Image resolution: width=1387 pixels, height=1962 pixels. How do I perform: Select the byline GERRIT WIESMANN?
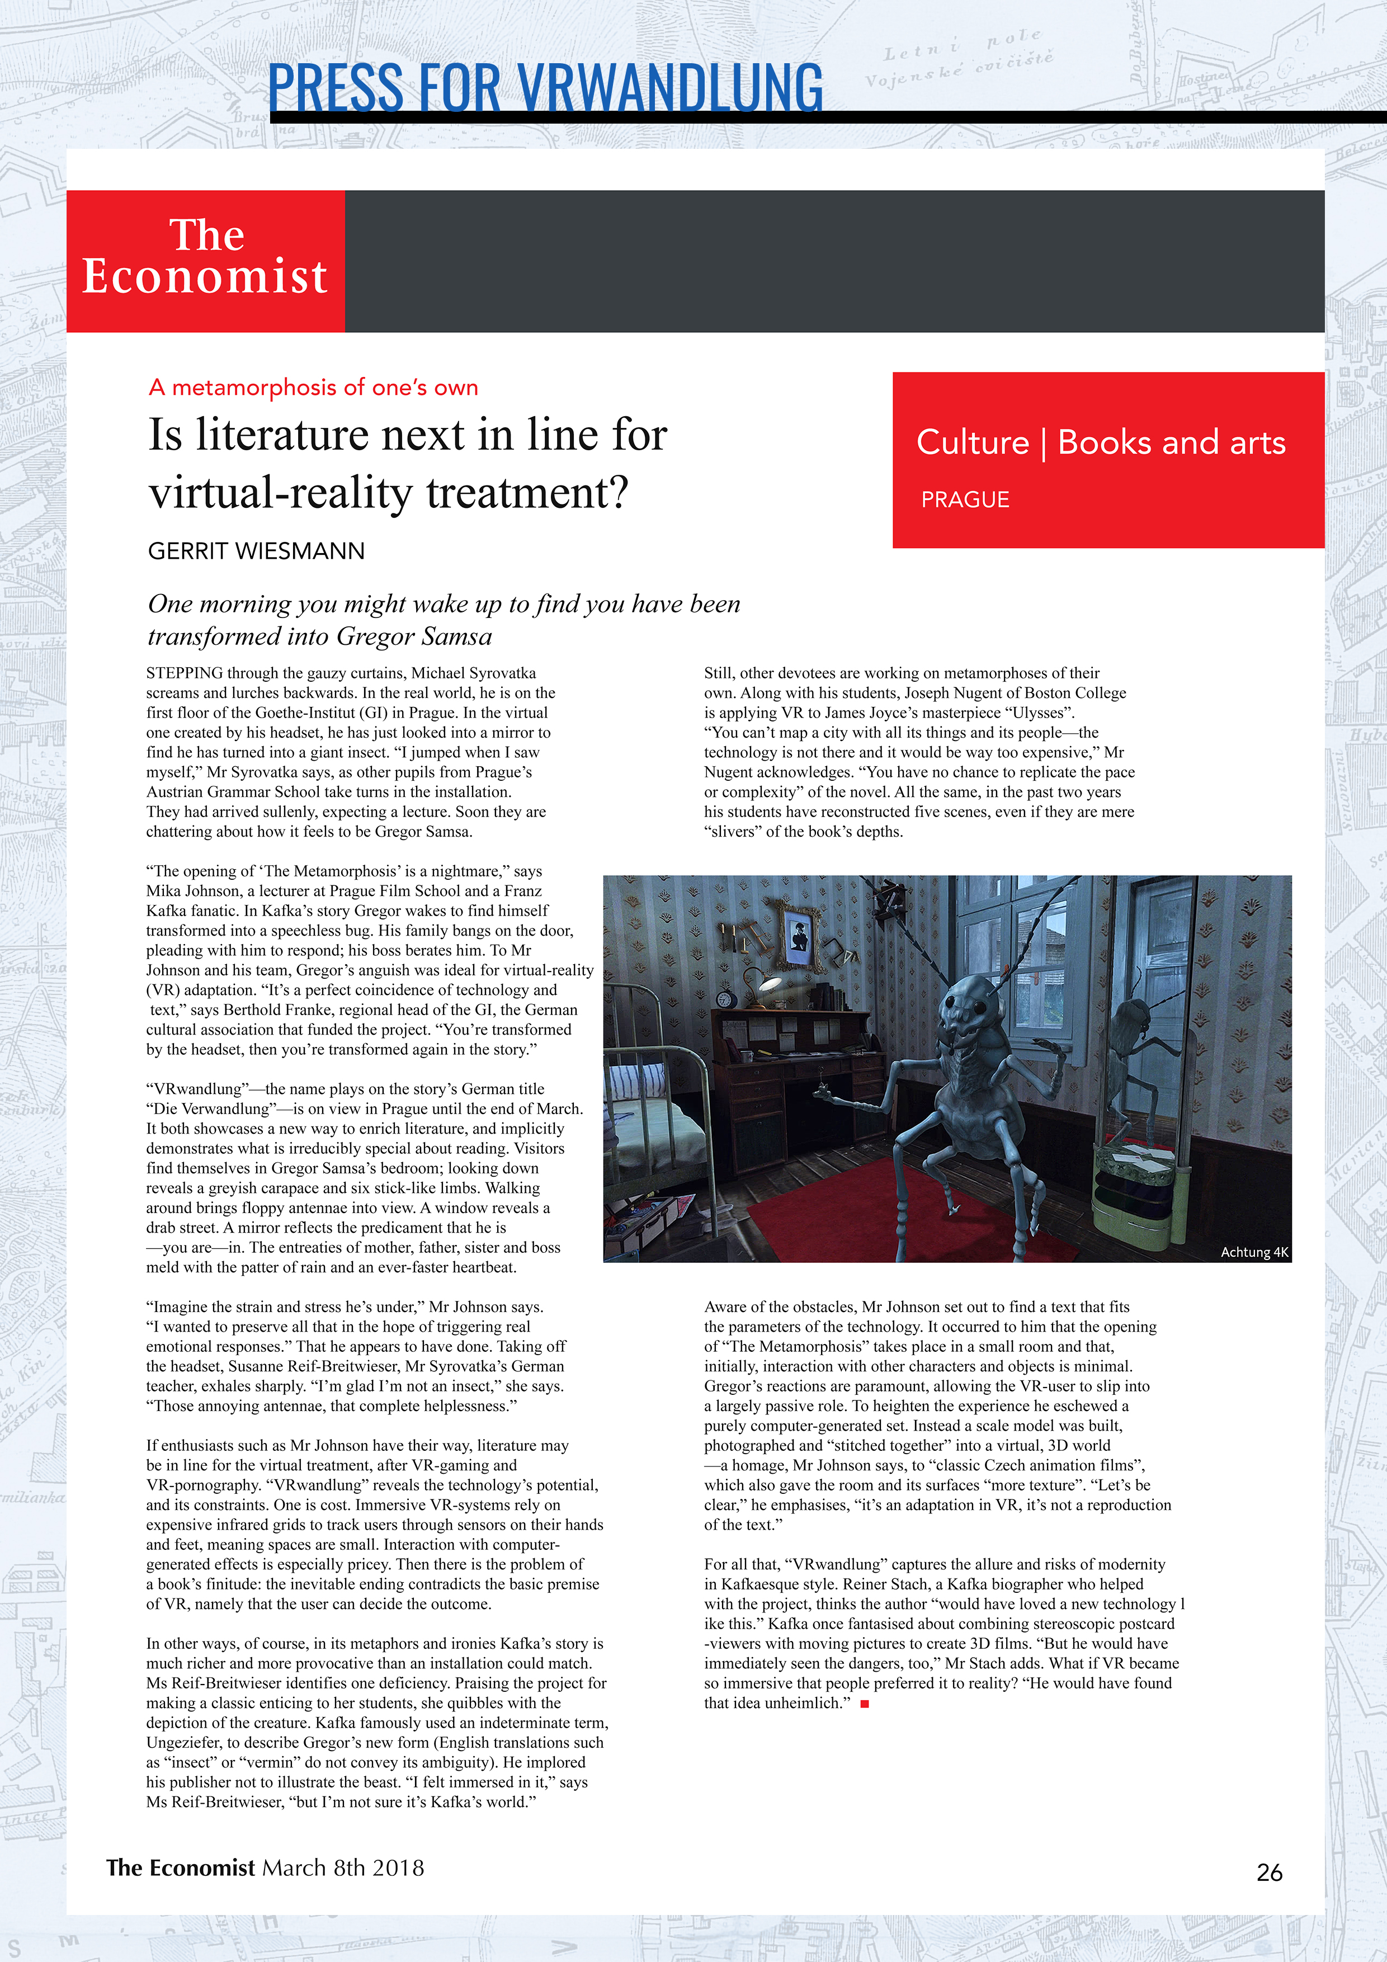[x=256, y=551]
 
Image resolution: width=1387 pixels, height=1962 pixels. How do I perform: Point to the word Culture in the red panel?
[x=973, y=442]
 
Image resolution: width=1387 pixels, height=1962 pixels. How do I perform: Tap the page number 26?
[x=1269, y=1873]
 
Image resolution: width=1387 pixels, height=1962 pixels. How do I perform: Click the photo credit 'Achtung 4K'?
[x=1254, y=1252]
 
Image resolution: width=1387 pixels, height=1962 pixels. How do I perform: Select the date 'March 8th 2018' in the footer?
[x=343, y=1867]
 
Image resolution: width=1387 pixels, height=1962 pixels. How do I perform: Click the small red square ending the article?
[x=865, y=1704]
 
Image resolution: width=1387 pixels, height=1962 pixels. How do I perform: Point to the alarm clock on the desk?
[x=725, y=1001]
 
